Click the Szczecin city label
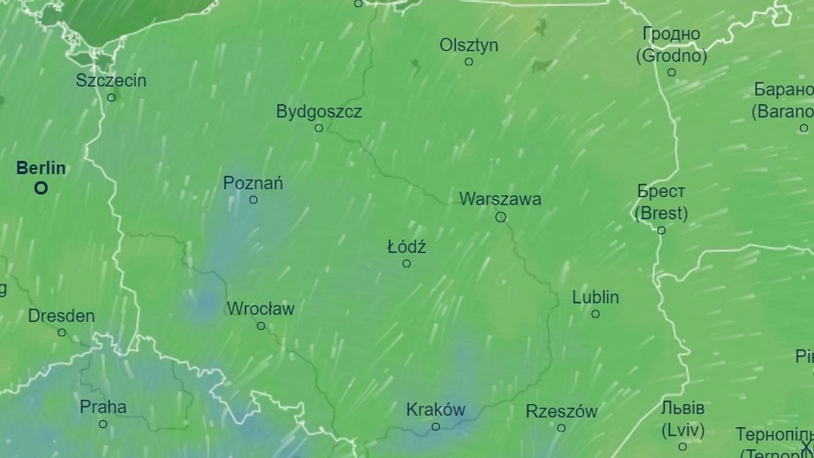click(111, 81)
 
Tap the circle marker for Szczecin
click(111, 98)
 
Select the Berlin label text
click(41, 168)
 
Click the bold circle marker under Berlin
click(41, 188)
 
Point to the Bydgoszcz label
click(319, 111)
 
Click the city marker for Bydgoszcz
click(319, 128)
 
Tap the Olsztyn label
click(469, 45)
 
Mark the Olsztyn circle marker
click(469, 62)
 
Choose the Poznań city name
click(253, 183)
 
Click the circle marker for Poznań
click(254, 199)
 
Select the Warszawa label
click(500, 199)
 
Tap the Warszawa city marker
click(501, 217)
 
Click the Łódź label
click(406, 248)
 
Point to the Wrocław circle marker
click(261, 326)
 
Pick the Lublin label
click(596, 297)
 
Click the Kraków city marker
click(436, 427)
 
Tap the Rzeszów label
click(562, 411)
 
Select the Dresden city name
click(61, 316)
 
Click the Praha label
click(103, 407)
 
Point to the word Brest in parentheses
click(661, 214)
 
